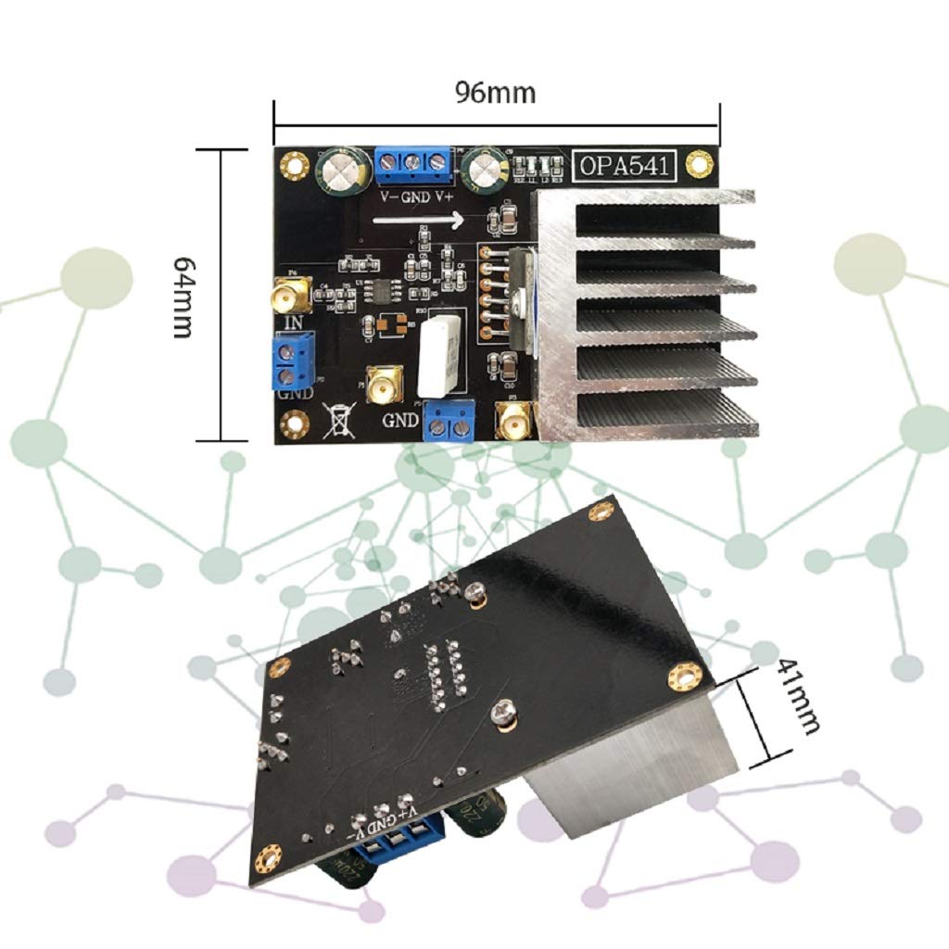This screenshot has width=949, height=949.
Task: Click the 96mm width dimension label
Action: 495,93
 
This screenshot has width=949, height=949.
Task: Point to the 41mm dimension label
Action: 798,695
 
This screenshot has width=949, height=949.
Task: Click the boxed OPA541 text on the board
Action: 628,166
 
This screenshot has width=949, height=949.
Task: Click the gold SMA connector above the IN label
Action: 291,297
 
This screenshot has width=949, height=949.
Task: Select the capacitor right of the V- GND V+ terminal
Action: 486,169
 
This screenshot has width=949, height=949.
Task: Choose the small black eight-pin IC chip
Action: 381,289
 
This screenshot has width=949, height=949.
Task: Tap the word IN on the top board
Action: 294,323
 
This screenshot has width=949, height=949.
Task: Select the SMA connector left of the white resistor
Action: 382,386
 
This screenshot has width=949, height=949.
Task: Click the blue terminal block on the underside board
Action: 396,844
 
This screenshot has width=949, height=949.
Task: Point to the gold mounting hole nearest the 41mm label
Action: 684,675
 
